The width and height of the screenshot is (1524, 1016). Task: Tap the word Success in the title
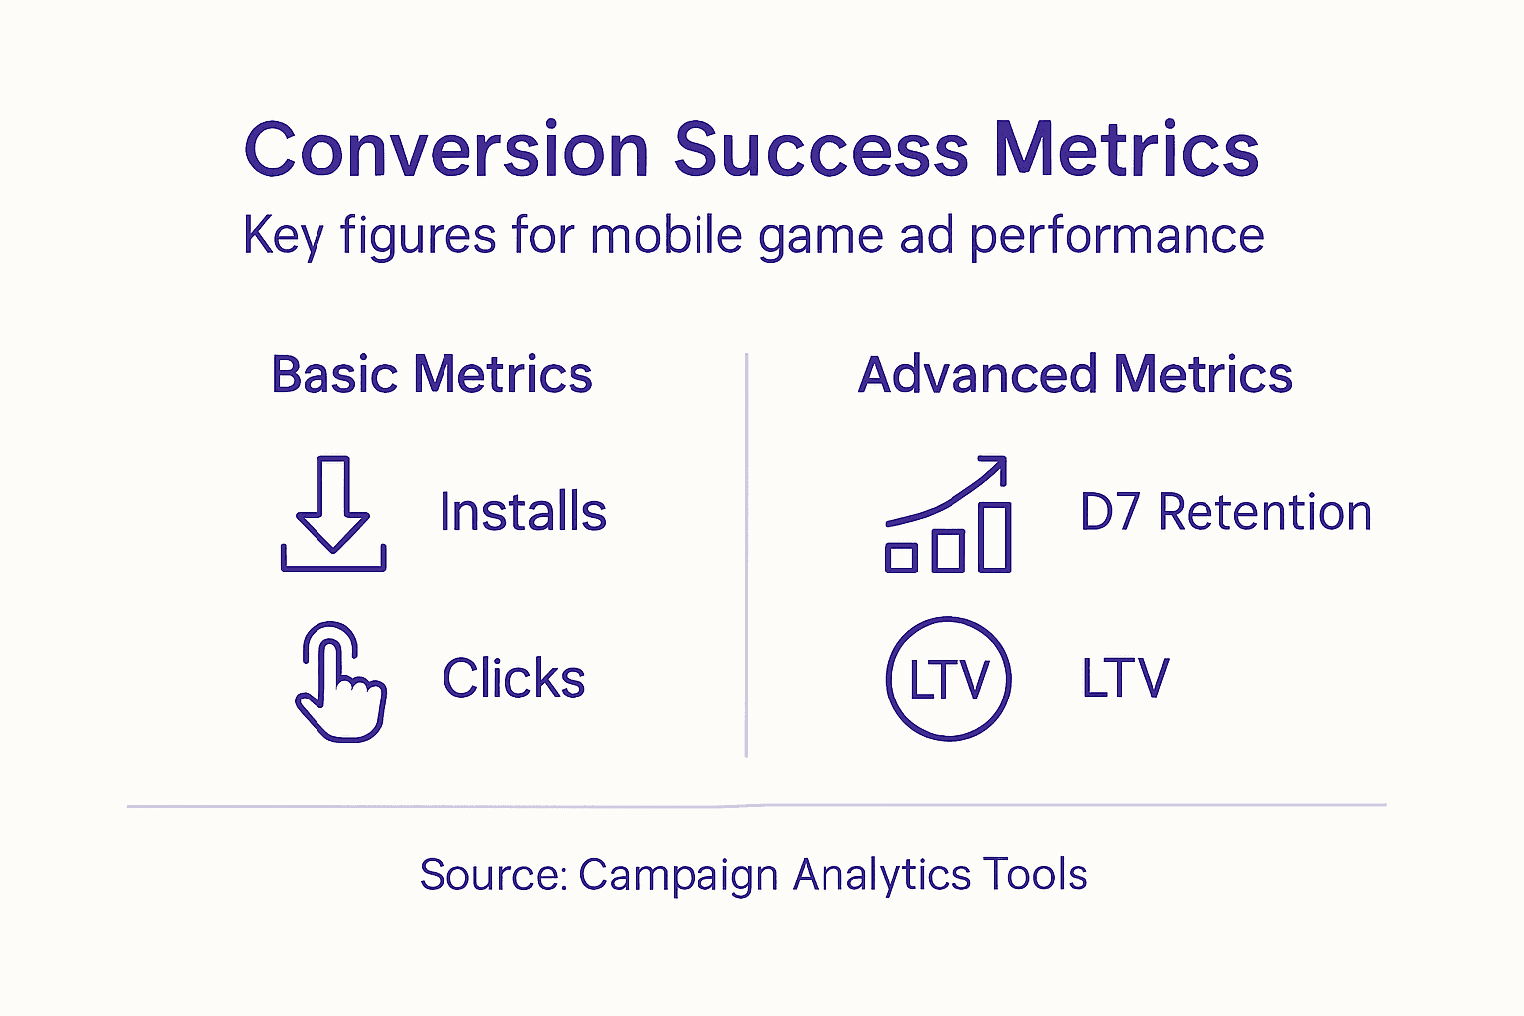(822, 150)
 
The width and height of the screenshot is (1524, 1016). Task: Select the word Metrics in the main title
(1126, 150)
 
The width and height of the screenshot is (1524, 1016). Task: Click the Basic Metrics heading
(432, 375)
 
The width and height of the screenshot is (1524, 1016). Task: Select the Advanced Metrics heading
(1075, 375)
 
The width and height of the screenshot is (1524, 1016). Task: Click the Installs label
(523, 513)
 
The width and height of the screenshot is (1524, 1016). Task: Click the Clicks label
(514, 679)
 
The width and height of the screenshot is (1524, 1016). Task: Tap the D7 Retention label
(1225, 513)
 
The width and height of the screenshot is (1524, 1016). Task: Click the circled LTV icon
(948, 680)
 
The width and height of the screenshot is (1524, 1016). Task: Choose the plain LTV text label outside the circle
(1125, 680)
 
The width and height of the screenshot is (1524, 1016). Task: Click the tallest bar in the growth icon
(995, 537)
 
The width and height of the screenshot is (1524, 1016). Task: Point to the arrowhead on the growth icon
(996, 467)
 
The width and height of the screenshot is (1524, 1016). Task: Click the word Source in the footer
(491, 875)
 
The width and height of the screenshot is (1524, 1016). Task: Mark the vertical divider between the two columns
(746, 556)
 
